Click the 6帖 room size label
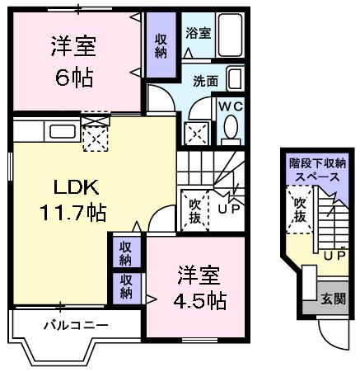point(73,79)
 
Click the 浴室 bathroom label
point(198,34)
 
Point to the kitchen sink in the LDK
point(62,130)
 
